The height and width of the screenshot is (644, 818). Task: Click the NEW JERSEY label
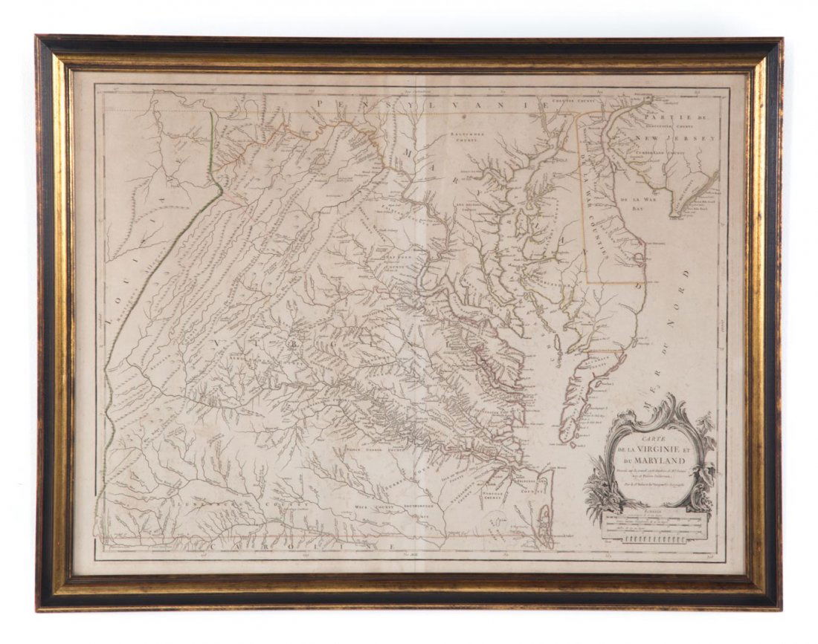coord(679,138)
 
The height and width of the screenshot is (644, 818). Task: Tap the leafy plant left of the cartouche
coord(599,494)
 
